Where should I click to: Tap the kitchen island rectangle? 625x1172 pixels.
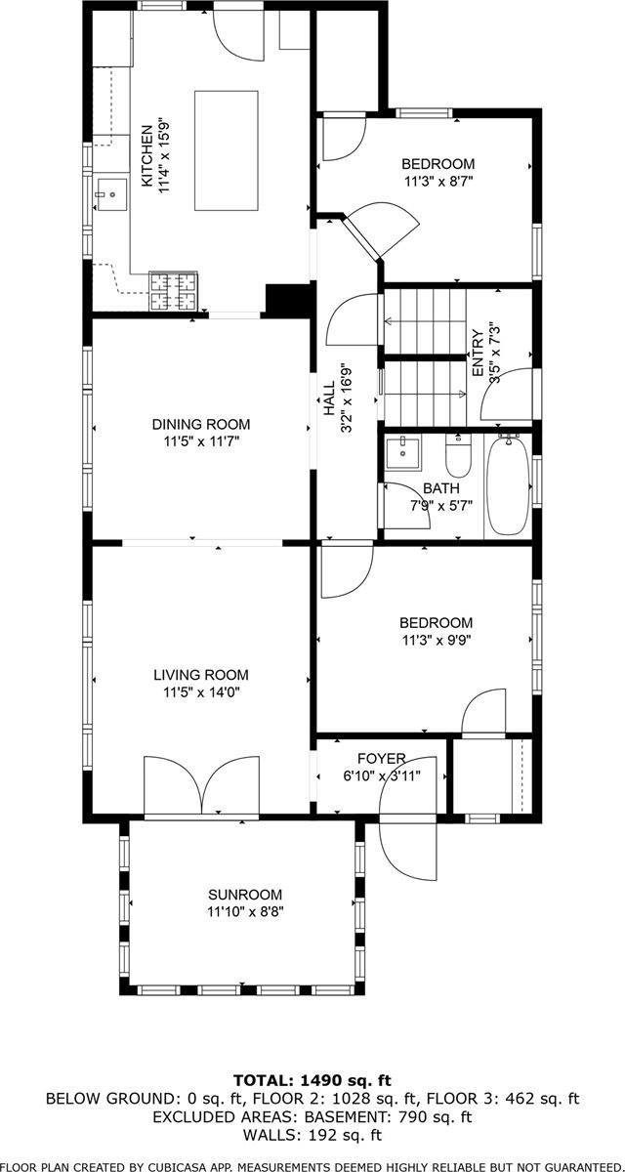(x=227, y=149)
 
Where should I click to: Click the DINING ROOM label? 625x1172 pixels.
(x=200, y=424)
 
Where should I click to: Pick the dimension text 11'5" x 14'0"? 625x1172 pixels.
(x=200, y=692)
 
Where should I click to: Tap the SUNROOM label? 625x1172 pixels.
(x=244, y=895)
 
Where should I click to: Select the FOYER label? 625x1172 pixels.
(x=381, y=758)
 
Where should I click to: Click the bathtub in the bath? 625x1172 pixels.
(x=508, y=485)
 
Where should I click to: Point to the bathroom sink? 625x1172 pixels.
(x=402, y=453)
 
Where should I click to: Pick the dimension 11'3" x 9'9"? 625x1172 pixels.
(x=436, y=641)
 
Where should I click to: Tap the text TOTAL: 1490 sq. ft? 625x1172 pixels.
(x=312, y=1080)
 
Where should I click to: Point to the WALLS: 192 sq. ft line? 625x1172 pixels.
(x=312, y=1135)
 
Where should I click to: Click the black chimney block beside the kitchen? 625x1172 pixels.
(x=288, y=300)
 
